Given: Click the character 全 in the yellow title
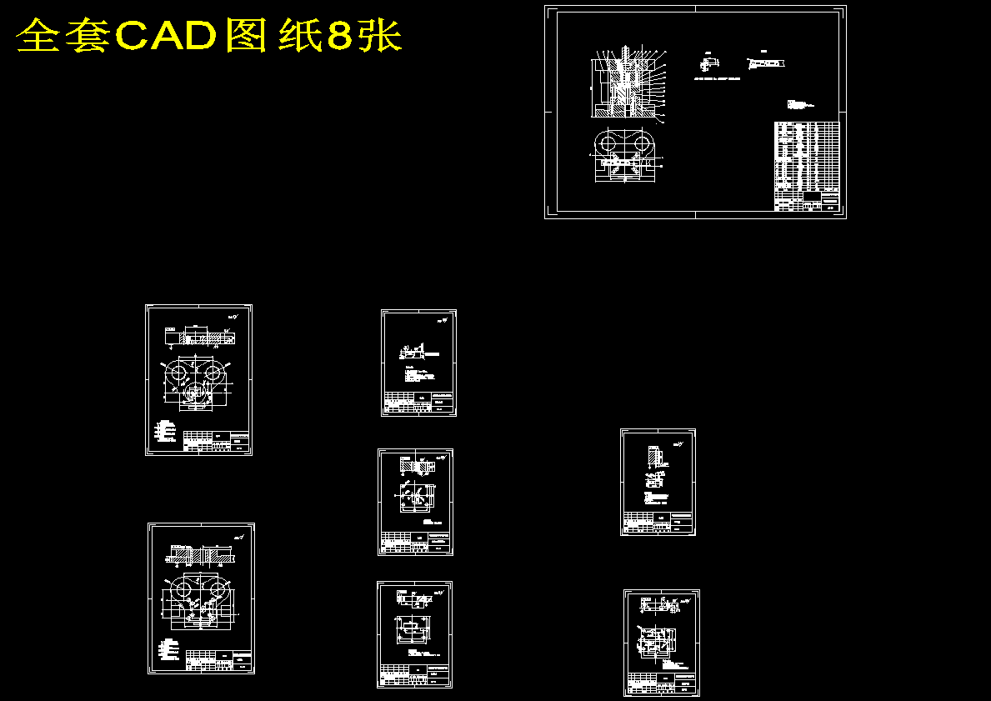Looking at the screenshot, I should click(38, 36).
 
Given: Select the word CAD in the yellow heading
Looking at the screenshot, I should click(166, 36).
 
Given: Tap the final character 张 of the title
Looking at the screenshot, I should click(382, 36).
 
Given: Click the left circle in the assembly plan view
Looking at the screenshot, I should click(609, 143).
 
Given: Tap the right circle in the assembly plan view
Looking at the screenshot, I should click(643, 143).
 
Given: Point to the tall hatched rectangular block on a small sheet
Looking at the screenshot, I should click(650, 458).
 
